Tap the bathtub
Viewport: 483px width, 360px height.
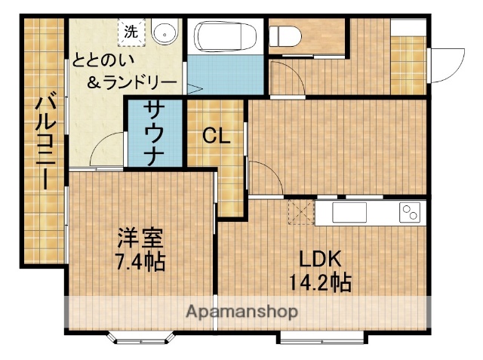coord(224,35)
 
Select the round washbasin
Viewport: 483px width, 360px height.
coord(164,34)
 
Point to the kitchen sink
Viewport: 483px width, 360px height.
coord(349,213)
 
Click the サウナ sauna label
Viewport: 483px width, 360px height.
coord(155,134)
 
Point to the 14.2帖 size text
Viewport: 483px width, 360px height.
coord(320,284)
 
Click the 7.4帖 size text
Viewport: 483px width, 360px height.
coord(140,263)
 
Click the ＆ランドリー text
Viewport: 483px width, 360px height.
coord(133,82)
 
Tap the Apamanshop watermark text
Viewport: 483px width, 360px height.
coord(241,310)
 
